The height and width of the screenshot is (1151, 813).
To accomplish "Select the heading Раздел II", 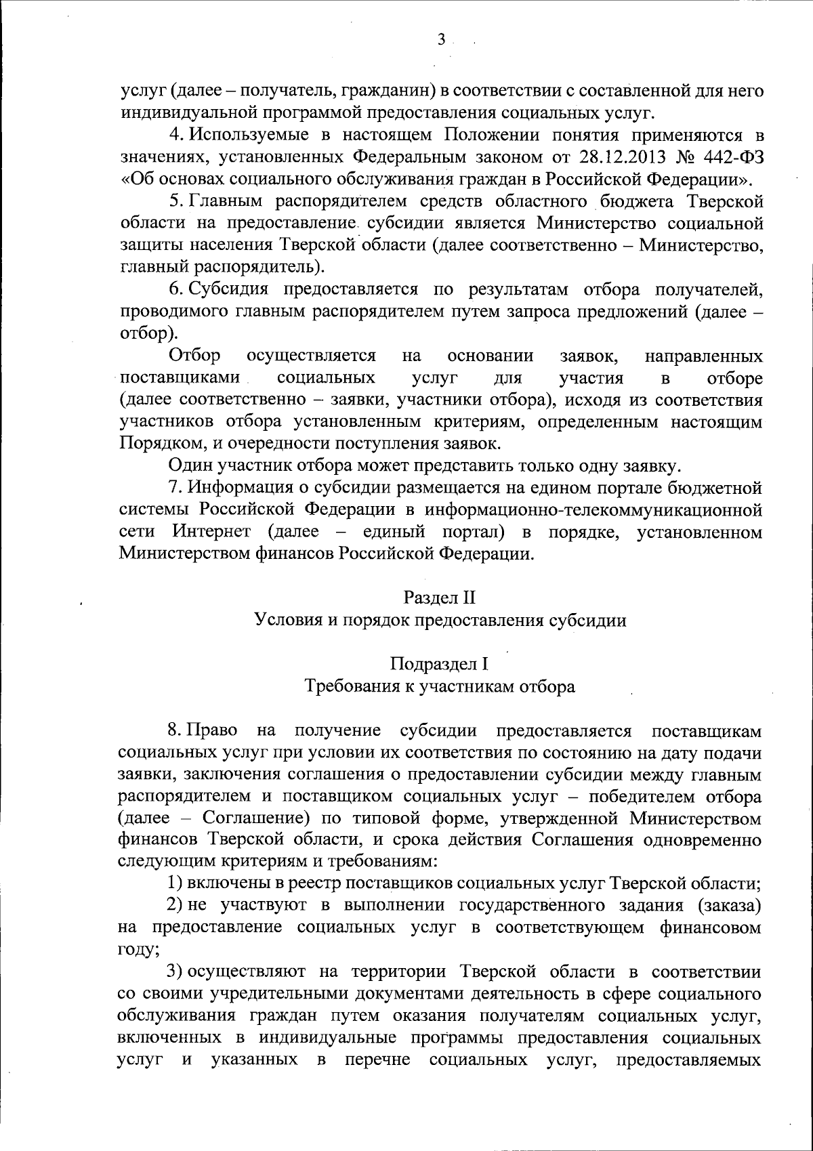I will click(x=440, y=598).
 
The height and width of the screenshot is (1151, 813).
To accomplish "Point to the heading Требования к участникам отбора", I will click(x=440, y=686).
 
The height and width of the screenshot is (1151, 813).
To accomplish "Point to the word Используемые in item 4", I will click(x=248, y=135).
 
